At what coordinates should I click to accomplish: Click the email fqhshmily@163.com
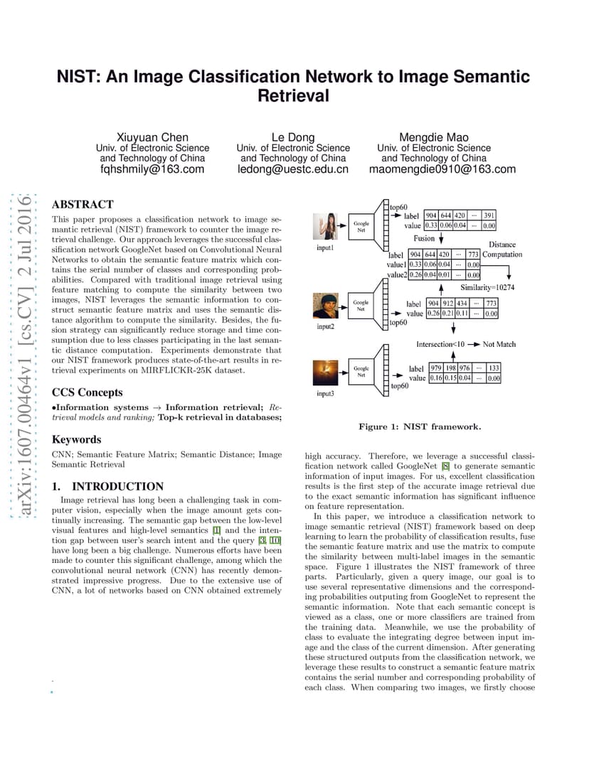pos(152,169)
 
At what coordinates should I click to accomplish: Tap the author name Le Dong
pos(293,137)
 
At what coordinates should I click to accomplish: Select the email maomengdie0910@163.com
pos(442,169)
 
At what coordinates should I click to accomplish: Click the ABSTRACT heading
pos(83,204)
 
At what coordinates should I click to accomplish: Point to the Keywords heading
pos(76,439)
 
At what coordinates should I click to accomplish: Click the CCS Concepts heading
pos(87,392)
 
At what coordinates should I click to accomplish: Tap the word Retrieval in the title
pos(293,96)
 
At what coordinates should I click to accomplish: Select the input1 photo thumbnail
pos(325,227)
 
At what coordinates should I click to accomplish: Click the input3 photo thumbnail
pos(325,373)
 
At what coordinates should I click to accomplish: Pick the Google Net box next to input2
pos(361,306)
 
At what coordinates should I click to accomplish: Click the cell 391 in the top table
pos(489,215)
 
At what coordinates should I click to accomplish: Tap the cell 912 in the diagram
pos(447,304)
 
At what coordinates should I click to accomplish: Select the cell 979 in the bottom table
pos(436,368)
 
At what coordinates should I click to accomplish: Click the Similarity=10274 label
pos(487,287)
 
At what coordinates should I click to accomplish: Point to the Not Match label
pos(499,344)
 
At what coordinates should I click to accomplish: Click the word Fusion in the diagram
pos(424,238)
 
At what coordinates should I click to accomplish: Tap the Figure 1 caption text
pos(420,426)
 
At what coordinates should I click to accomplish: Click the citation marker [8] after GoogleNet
pos(445,466)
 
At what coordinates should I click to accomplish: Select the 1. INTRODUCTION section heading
pos(107,486)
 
